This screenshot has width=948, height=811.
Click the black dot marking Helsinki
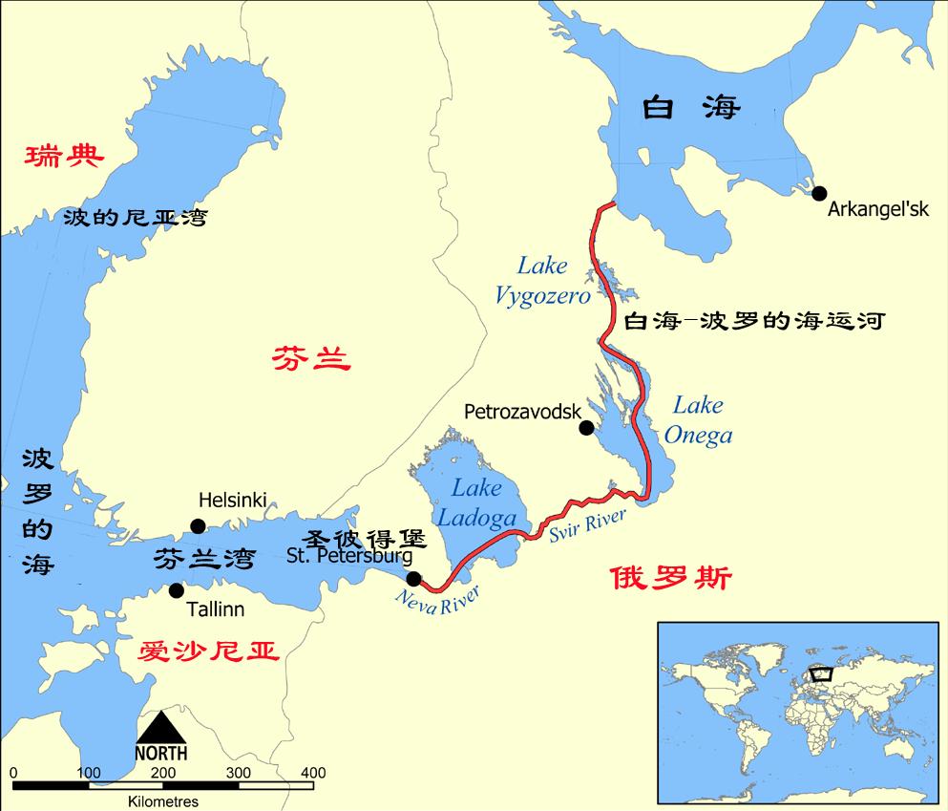(x=198, y=525)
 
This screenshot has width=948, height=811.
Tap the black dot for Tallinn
(x=176, y=590)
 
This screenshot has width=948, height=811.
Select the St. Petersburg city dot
(x=413, y=578)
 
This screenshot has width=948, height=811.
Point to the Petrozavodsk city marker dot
(x=586, y=428)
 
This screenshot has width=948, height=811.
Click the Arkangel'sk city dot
(x=818, y=192)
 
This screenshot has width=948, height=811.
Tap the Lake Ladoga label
(x=476, y=503)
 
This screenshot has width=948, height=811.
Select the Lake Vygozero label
(x=542, y=281)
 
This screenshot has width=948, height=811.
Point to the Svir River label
(x=587, y=525)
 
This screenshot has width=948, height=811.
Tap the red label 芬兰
(x=311, y=359)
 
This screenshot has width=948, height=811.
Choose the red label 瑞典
(x=64, y=156)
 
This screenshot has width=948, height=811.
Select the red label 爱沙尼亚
(x=208, y=651)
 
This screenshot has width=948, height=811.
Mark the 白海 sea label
(x=690, y=107)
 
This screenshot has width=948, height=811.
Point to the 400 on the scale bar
(x=312, y=773)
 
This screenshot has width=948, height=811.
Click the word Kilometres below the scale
(x=162, y=801)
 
